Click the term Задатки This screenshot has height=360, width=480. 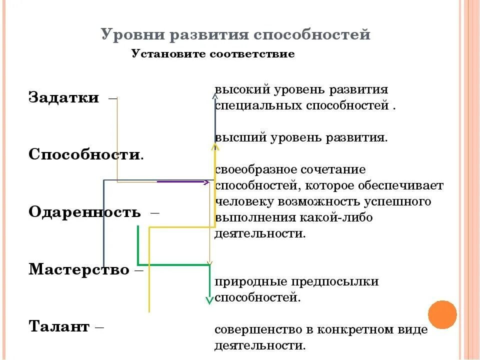[63, 97]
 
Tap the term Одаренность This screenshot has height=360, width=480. [84, 212]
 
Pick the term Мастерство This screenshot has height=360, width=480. [78, 270]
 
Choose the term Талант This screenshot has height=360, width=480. [59, 327]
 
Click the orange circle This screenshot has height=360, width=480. [443, 314]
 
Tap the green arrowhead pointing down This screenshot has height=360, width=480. [209, 300]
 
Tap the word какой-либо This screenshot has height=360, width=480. [344, 218]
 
